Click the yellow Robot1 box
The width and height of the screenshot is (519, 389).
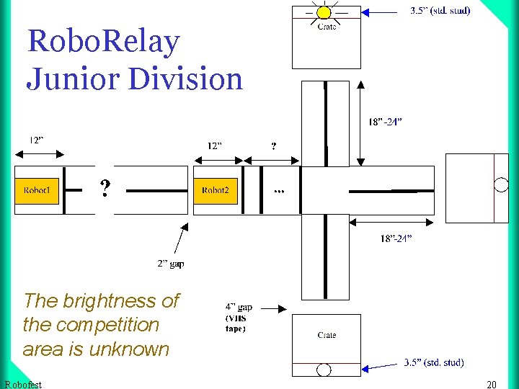coord(37,190)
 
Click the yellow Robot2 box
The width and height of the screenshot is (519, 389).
coord(215,190)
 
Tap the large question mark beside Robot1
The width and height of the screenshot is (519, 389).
coord(105,189)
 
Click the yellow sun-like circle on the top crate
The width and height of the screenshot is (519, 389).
coord(324,12)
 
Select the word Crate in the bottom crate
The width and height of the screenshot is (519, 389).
coord(327,335)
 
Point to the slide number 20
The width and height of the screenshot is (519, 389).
coord(492,385)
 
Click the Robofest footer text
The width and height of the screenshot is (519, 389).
coord(22,385)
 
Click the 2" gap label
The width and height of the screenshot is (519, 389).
coord(171,264)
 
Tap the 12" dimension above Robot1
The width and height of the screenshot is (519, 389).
coord(36,140)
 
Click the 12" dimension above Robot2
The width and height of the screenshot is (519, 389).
coord(215,146)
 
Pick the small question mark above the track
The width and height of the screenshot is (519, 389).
coord(273,146)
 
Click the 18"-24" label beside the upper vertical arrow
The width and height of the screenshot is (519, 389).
coord(385,122)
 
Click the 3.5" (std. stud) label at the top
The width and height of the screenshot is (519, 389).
coord(440,11)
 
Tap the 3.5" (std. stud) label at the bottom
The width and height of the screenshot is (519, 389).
coord(433,362)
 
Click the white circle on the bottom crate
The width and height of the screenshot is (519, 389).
coord(324,370)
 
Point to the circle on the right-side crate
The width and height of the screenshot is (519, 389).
coord(501,184)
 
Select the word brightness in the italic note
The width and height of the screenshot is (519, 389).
coord(109,300)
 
